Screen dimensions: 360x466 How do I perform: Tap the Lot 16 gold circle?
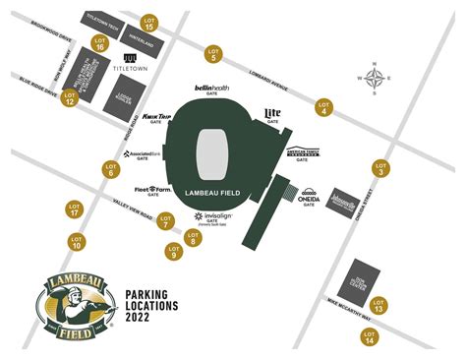(x=100, y=43)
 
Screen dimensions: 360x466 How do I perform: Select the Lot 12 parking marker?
(x=70, y=97)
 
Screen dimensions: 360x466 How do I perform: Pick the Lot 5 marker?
(x=212, y=54)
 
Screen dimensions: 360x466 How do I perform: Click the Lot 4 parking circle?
(x=323, y=107)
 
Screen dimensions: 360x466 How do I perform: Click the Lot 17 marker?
(x=75, y=210)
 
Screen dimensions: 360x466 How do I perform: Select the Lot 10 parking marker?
(x=76, y=242)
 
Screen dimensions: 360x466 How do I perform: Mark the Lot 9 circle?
(x=175, y=252)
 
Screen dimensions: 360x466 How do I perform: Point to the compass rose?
(x=375, y=78)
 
